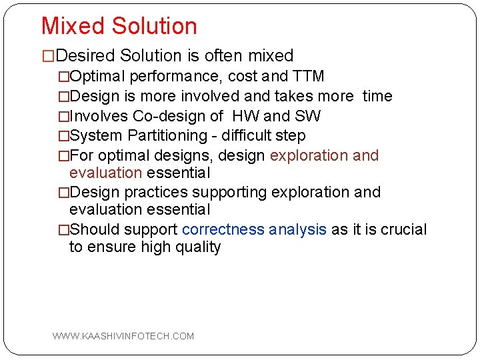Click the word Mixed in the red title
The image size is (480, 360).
tap(73, 26)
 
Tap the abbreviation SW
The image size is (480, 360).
tap(307, 117)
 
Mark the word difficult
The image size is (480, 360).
tap(247, 136)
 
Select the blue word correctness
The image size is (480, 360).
tap(222, 230)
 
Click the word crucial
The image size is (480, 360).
tap(403, 230)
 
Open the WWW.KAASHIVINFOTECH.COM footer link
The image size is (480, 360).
tap(123, 336)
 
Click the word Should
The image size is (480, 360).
tap(91, 230)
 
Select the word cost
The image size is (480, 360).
tap(243, 77)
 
